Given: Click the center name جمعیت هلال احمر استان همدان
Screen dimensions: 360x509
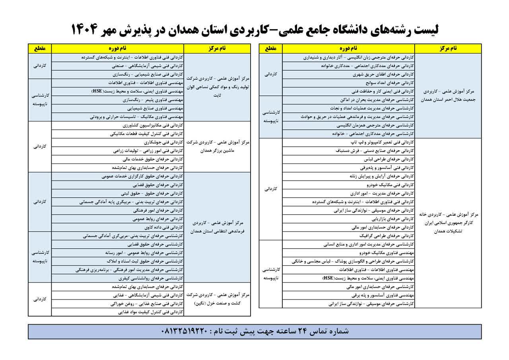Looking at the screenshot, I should [x=447, y=99].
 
